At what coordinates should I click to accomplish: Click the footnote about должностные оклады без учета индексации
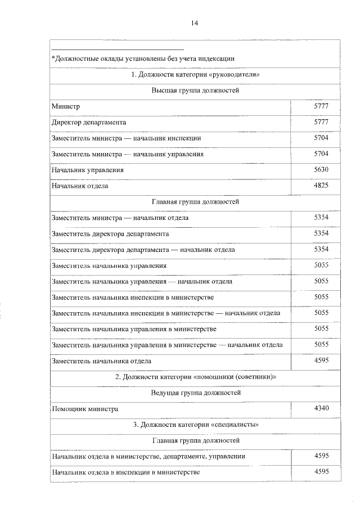click(143, 58)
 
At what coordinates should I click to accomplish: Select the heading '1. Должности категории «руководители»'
click(195, 74)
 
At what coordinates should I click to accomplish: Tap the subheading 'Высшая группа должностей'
click(195, 90)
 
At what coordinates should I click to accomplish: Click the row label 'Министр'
click(66, 106)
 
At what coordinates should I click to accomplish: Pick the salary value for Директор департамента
click(321, 121)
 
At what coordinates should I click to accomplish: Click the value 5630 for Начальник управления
click(321, 169)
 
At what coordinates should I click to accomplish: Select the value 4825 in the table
click(321, 185)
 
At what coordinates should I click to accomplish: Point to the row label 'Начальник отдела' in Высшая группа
click(80, 186)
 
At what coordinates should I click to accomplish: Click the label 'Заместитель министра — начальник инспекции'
click(126, 138)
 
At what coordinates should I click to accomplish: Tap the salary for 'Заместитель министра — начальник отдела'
click(321, 217)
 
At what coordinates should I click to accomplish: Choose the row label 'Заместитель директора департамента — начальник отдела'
click(143, 249)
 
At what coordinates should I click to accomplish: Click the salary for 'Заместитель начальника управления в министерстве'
click(321, 328)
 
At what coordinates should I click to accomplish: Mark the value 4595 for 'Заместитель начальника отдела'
click(321, 361)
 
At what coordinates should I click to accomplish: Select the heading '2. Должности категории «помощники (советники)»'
click(195, 377)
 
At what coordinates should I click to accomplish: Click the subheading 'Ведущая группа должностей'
click(195, 393)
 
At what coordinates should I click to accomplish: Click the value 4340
click(321, 408)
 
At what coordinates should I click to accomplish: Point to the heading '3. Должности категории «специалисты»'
click(195, 425)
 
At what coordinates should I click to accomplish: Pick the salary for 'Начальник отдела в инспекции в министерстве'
click(321, 472)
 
